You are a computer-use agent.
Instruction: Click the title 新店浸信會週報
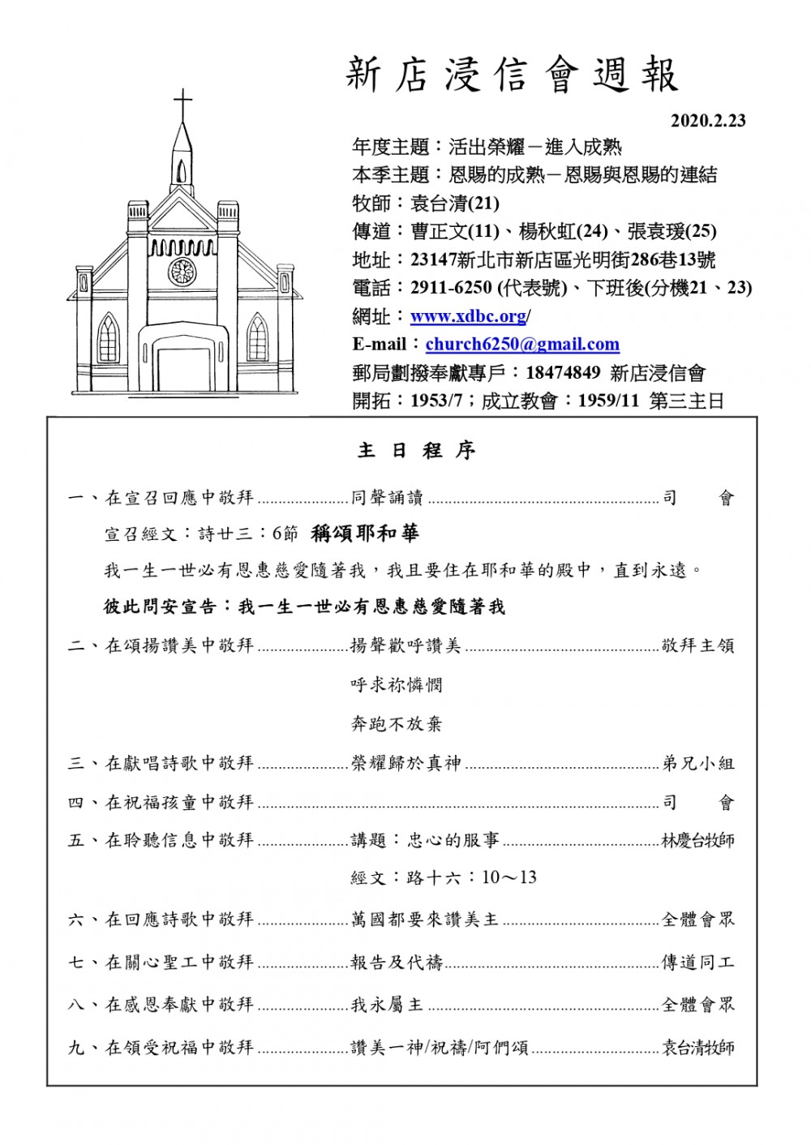(512, 75)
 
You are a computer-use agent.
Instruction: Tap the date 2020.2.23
(708, 121)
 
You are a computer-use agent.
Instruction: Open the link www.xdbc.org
(468, 316)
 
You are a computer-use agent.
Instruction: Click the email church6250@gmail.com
(522, 344)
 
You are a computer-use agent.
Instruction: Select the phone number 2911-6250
(451, 288)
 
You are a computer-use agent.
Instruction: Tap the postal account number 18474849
(563, 372)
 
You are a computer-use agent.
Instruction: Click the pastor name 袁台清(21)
(455, 204)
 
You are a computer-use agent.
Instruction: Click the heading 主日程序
(416, 451)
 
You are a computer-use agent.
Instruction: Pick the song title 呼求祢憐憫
(397, 685)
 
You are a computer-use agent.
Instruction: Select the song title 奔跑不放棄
(397, 724)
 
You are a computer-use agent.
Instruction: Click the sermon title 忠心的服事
(453, 840)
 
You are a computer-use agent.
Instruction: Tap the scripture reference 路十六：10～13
(471, 877)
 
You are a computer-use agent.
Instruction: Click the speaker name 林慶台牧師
(697, 840)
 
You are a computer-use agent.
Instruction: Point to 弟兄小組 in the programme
(697, 763)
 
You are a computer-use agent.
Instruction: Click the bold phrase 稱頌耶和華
(365, 533)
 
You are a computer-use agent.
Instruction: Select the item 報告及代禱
(397, 963)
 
